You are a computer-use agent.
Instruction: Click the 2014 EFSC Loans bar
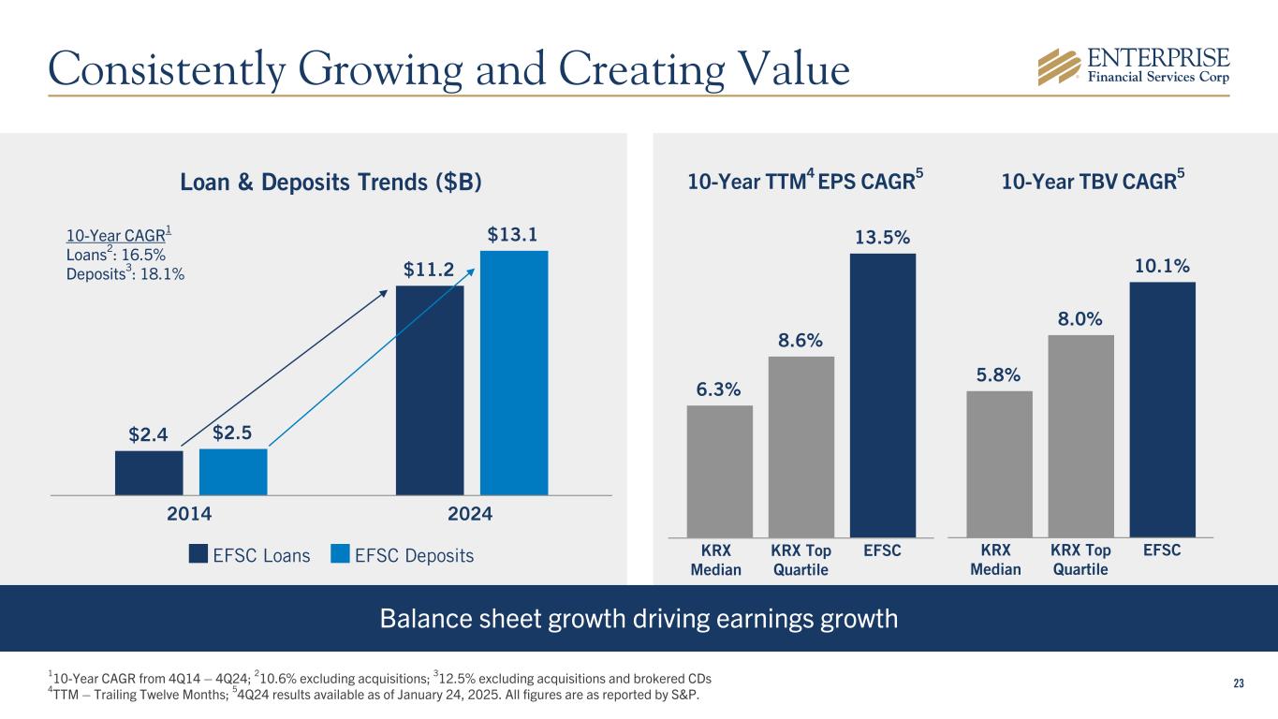[149, 472]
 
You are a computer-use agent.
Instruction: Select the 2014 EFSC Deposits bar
[233, 471]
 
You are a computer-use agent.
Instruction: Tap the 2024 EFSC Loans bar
[430, 389]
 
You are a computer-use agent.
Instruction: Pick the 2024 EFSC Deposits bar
[514, 372]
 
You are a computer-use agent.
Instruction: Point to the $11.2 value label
[429, 271]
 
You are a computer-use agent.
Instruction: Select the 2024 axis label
[470, 514]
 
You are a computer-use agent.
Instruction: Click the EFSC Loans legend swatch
[198, 555]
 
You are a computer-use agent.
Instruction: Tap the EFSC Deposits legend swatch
[341, 555]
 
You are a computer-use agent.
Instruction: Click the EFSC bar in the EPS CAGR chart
[882, 394]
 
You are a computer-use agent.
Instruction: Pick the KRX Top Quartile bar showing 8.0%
[1080, 435]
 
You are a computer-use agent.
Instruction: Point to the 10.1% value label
[1161, 267]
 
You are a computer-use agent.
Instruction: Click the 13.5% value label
[882, 238]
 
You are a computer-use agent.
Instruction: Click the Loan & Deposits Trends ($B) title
[331, 183]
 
